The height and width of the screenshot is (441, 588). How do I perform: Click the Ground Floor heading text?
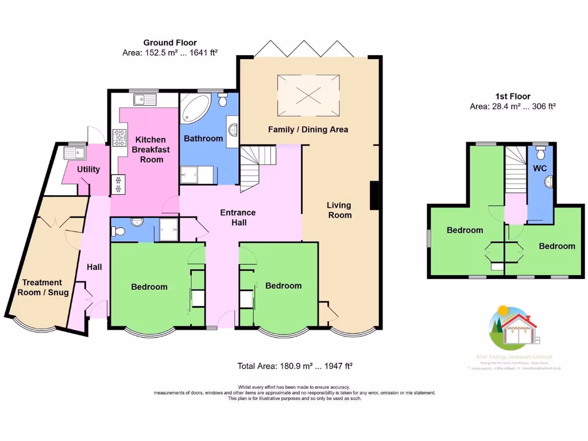point(170,42)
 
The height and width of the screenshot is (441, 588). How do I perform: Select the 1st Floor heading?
point(513,96)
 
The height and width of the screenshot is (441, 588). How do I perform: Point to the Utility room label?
point(88,169)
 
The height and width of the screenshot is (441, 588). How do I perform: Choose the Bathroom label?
point(203,138)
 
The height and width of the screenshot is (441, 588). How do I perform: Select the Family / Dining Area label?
point(308,129)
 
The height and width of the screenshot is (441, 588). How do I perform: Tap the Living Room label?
point(339,210)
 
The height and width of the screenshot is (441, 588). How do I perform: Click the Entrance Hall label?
point(238,217)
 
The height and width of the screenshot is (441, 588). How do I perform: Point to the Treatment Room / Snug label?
point(45,287)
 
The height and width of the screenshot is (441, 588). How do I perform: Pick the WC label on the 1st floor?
point(540,169)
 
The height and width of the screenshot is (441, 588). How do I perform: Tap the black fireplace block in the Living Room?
point(374,195)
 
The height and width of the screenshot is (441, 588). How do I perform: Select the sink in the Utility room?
point(74,153)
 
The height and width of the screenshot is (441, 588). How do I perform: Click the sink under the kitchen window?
point(144,100)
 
